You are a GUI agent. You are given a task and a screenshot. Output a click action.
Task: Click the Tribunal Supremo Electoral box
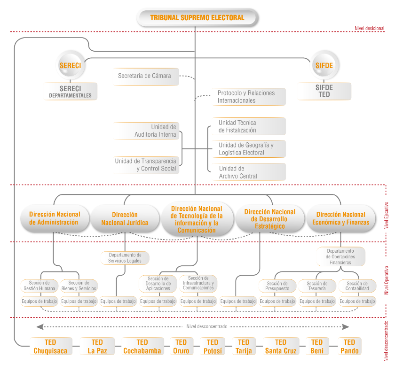(197, 18)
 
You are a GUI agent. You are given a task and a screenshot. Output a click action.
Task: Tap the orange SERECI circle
(70, 66)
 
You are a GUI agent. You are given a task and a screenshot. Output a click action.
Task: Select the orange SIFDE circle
(324, 66)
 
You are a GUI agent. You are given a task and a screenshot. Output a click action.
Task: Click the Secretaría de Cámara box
(145, 76)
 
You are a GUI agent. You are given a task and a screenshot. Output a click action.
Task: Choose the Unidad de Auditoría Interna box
(147, 131)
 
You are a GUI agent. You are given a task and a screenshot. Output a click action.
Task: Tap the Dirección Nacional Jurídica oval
(125, 218)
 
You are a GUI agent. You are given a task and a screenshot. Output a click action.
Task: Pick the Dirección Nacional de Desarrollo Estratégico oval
(269, 219)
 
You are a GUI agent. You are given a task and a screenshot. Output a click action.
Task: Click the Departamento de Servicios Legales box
(125, 257)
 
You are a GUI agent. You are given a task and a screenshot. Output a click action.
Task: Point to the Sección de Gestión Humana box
(39, 286)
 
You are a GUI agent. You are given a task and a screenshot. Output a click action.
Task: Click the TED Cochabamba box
(142, 347)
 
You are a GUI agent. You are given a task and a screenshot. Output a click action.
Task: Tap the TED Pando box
(349, 347)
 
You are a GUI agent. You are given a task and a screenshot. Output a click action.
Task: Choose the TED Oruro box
(181, 347)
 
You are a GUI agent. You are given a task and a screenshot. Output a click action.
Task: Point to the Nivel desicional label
(369, 28)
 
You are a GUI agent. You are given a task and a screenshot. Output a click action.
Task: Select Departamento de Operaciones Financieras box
(341, 256)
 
